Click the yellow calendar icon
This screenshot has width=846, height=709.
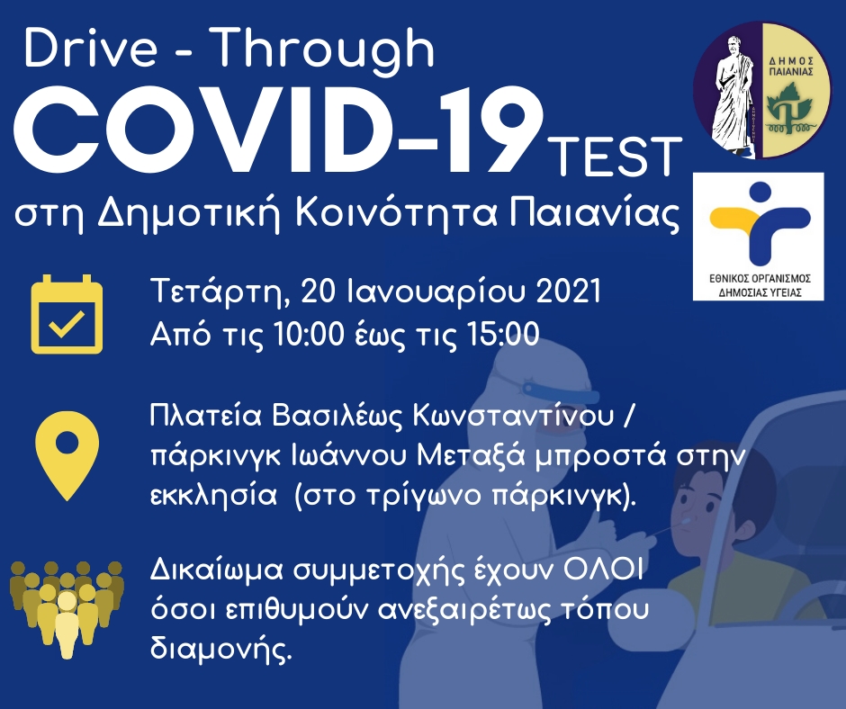(67, 314)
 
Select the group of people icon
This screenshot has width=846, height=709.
(67, 609)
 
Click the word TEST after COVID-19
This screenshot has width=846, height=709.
(616, 157)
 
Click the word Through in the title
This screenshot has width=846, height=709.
(325, 48)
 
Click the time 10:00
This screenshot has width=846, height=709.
(309, 334)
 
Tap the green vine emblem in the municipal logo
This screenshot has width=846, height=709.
(788, 111)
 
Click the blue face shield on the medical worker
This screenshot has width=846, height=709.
(560, 390)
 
